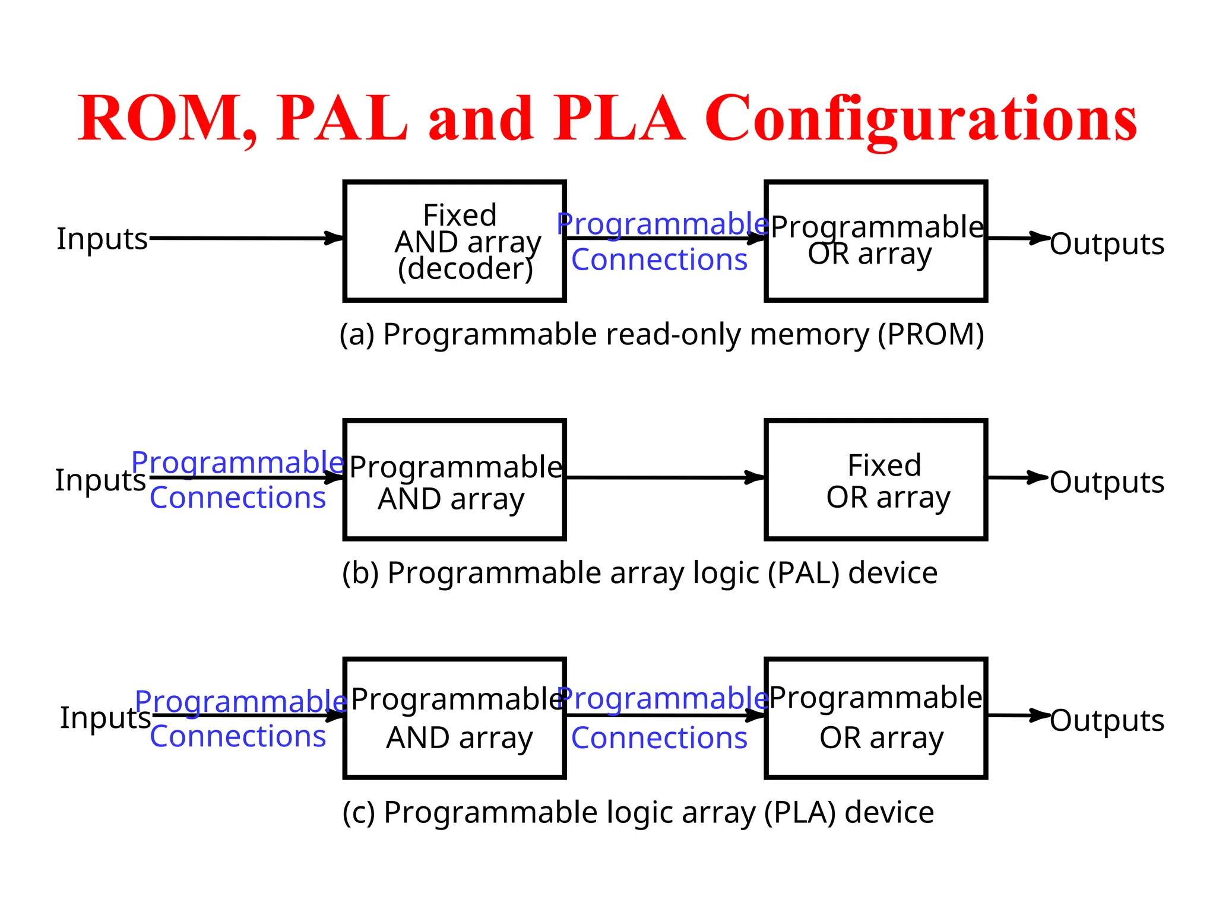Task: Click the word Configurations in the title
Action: [920, 119]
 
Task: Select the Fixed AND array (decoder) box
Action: [454, 241]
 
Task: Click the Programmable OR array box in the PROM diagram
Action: [876, 241]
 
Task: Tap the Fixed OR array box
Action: [876, 480]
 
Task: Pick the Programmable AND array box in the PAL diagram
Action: [454, 480]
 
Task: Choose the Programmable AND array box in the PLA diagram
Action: [454, 718]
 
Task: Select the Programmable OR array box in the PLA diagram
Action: [876, 718]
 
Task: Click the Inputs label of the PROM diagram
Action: [102, 239]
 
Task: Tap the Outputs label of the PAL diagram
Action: [1107, 482]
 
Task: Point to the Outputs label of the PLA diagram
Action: [1107, 720]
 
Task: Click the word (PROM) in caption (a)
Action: [931, 334]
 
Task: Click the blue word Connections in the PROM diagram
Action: [659, 259]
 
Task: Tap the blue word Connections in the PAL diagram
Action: [237, 498]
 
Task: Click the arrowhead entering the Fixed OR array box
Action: [755, 477]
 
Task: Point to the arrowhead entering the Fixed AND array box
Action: [334, 239]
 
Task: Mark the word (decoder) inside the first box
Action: [465, 269]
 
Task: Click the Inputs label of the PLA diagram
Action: [105, 717]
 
